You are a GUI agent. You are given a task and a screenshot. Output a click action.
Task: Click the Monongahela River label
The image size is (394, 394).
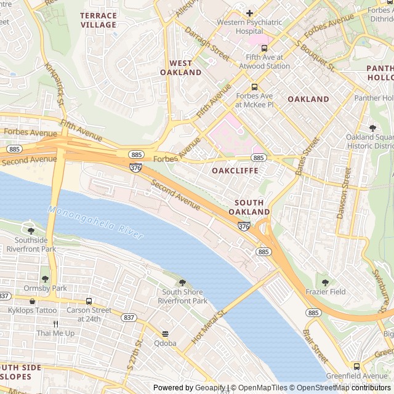coord(95,223)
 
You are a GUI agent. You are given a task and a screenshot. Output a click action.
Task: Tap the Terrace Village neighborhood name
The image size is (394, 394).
coord(98,20)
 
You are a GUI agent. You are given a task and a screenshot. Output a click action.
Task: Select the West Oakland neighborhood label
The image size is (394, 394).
coord(181,68)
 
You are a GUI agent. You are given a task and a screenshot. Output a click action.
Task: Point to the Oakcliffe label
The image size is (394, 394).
coord(235,170)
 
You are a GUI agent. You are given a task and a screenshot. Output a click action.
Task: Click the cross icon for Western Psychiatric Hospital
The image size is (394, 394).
coord(249,13)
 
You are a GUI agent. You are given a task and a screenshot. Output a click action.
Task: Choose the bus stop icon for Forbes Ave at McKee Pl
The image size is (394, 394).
coord(254,87)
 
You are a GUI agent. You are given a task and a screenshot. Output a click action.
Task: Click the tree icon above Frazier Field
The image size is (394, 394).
coord(325,283)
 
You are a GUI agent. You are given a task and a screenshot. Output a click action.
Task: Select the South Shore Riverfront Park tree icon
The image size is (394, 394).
coord(182,282)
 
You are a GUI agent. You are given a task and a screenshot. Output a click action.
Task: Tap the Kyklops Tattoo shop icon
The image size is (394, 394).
coord(32,301)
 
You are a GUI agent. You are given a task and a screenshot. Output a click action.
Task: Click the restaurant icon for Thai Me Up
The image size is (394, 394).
coord(55,324)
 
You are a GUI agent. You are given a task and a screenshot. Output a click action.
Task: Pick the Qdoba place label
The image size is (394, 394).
coord(165,343)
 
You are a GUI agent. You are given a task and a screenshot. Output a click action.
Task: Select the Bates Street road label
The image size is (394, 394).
coord(307,156)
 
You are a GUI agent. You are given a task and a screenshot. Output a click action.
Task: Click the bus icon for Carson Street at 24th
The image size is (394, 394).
coord(89,301)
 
